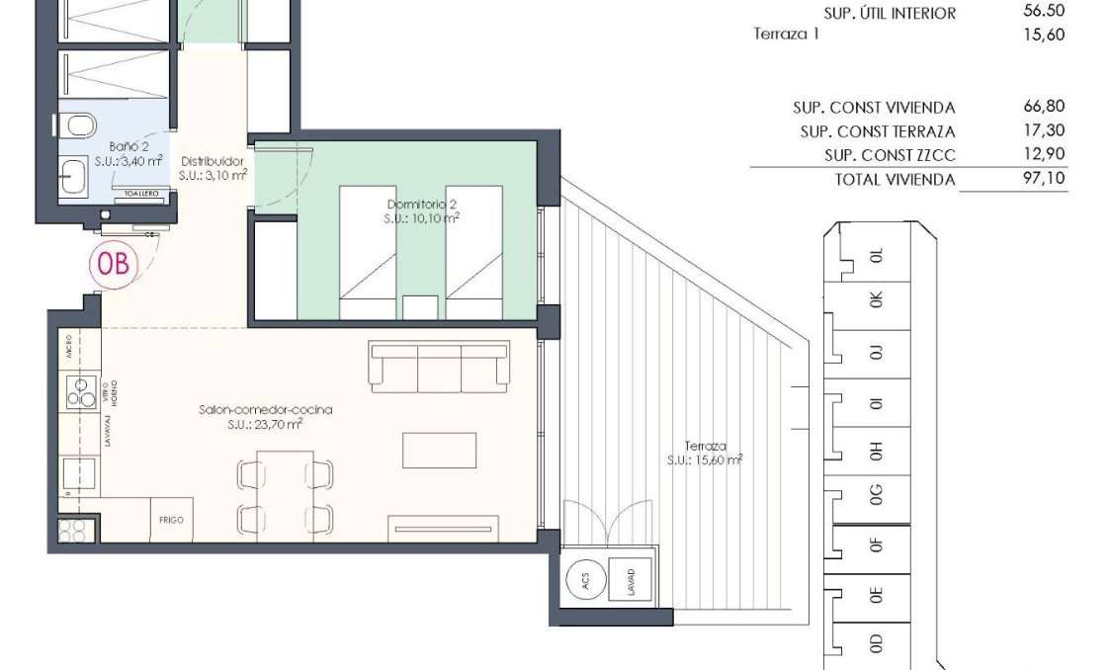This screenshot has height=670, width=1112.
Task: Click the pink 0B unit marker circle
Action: pos(115,264)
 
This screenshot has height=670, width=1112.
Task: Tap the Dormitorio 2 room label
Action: pos(422,211)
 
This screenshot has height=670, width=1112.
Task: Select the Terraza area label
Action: pos(704,452)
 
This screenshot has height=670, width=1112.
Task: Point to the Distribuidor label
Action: pos(212,168)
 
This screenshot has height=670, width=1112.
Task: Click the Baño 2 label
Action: pos(128,153)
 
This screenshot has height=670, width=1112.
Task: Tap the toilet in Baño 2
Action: pos(77,126)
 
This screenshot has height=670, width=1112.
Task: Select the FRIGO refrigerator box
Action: pos(170,519)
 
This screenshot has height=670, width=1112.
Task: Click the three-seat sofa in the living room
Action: pos(439,365)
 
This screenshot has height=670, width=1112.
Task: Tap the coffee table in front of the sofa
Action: pos(439,451)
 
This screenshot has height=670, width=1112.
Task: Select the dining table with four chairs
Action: pos(285,491)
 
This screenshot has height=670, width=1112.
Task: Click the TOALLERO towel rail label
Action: pos(140,195)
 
